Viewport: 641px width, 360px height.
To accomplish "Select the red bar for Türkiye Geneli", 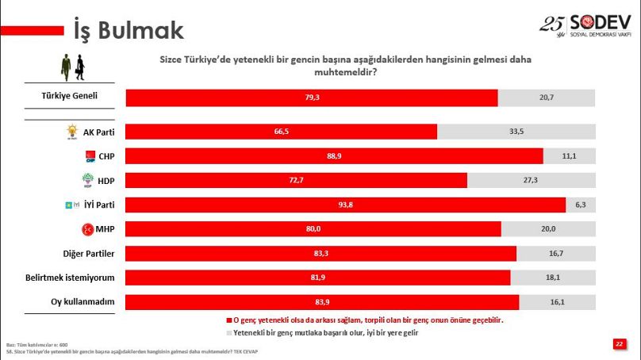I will [x=312, y=98].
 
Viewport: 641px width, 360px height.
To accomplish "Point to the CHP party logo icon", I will [x=90, y=156].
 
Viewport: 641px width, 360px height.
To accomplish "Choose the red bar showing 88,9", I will [x=334, y=156].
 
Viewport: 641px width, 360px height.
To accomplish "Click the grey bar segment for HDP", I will [x=531, y=181].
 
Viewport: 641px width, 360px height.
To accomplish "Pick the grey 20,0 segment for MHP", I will [x=548, y=229].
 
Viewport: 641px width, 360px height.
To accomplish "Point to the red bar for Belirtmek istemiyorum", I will [x=318, y=278].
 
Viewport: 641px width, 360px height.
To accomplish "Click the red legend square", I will [x=228, y=321].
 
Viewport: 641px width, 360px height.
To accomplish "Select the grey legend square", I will [x=228, y=334].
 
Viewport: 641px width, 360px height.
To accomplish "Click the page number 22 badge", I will [x=618, y=343].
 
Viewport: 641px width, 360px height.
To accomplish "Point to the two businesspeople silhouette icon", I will [x=71, y=67].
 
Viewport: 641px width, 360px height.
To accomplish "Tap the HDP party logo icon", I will [x=89, y=181].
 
